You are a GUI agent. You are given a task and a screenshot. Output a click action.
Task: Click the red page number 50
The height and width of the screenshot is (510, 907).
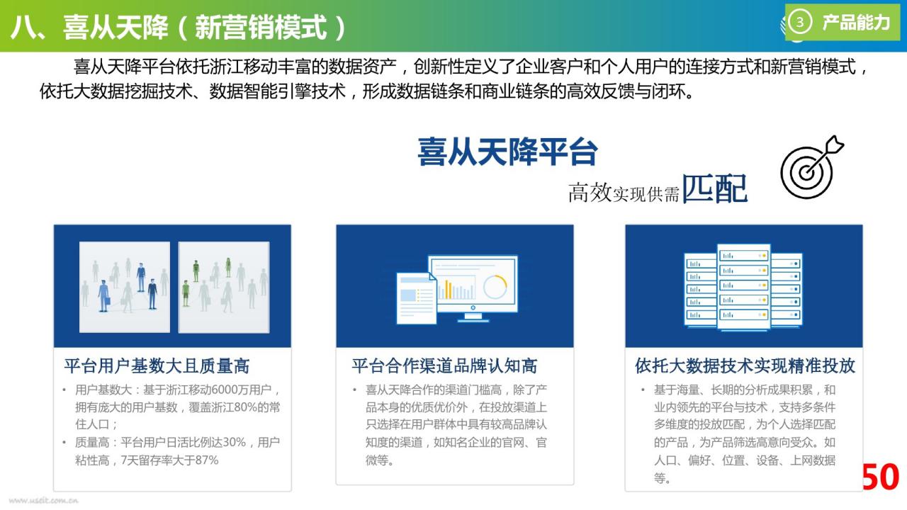[881, 477]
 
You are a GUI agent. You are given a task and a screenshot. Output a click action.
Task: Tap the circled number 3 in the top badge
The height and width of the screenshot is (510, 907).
[799, 22]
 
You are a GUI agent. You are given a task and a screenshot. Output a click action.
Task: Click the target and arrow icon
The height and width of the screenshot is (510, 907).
[812, 166]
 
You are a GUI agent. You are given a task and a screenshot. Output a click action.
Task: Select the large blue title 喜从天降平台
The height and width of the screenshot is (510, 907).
[507, 152]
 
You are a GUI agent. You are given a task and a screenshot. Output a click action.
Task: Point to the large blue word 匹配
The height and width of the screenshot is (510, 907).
[715, 188]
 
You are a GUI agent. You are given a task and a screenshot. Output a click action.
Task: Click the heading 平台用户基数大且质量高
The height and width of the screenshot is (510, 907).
[157, 366]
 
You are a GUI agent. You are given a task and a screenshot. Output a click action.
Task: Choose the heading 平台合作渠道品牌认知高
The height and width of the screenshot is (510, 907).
[444, 366]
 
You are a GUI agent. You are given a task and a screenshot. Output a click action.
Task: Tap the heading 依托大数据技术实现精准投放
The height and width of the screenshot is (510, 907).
[745, 366]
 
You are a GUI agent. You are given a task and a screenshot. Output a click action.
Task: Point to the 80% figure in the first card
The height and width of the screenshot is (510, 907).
[244, 407]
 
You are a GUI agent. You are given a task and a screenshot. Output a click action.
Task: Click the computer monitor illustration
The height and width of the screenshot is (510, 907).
[473, 288]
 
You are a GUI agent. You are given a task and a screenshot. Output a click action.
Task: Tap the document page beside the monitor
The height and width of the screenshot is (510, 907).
[416, 298]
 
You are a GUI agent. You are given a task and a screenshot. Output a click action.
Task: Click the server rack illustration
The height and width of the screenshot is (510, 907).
[743, 287]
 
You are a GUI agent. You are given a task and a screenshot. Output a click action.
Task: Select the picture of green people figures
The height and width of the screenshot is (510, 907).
[224, 287]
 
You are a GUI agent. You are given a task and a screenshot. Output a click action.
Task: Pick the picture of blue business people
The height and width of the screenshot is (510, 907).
[125, 287]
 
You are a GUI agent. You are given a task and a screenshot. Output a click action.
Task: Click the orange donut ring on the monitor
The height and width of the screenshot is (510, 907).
[495, 287]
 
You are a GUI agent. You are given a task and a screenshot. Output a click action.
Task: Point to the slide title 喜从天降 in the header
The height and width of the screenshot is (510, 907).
[116, 28]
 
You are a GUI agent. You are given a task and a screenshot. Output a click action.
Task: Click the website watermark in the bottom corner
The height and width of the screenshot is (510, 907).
[43, 501]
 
